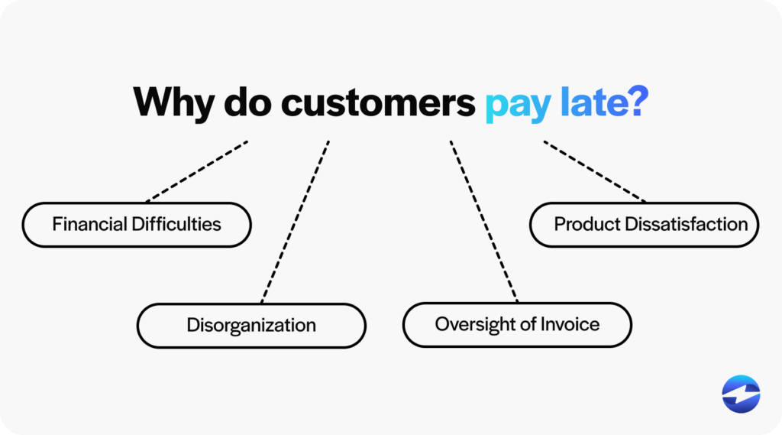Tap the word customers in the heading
(x=377, y=102)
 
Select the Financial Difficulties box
(x=137, y=225)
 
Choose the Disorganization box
(x=251, y=325)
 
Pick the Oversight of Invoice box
(x=517, y=324)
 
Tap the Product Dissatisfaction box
(x=644, y=225)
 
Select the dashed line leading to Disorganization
(x=296, y=222)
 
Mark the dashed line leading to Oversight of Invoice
(x=483, y=222)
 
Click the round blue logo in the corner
(x=741, y=394)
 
